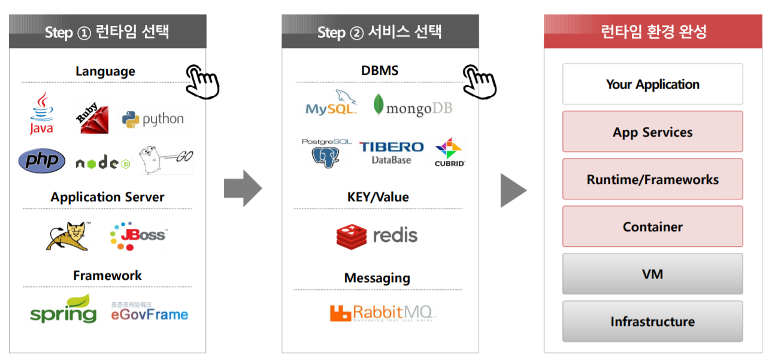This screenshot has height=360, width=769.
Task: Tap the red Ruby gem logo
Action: click(x=91, y=118)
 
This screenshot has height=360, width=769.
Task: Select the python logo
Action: click(x=153, y=119)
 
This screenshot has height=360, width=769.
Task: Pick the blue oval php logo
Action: click(x=42, y=161)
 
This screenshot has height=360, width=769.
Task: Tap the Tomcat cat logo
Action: click(x=68, y=235)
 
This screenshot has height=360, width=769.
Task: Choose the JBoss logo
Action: click(x=138, y=235)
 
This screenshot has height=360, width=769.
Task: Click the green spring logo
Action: click(x=63, y=310)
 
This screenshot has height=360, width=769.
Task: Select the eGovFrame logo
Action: click(x=149, y=311)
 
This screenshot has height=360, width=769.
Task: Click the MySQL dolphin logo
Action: click(x=331, y=103)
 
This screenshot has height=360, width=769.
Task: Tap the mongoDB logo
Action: click(x=413, y=106)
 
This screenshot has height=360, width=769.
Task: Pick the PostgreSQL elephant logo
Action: click(x=327, y=152)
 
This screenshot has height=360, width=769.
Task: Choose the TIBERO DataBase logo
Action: click(x=391, y=152)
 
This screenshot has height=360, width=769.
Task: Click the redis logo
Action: click(x=377, y=235)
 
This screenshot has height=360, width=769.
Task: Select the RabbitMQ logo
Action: click(x=383, y=313)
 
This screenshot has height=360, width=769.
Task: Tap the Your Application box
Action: click(x=652, y=84)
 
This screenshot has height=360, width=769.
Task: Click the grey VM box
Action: click(x=652, y=274)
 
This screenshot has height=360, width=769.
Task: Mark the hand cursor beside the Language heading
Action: click(x=202, y=81)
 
